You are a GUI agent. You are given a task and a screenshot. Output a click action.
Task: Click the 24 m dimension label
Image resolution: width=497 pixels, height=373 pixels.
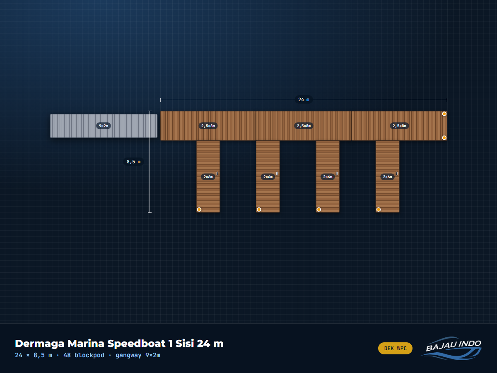(304, 99)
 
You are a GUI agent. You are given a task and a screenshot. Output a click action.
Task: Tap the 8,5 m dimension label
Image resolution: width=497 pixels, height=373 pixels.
(134, 162)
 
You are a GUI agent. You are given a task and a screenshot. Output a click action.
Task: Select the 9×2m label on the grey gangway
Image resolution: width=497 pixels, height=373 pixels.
(104, 126)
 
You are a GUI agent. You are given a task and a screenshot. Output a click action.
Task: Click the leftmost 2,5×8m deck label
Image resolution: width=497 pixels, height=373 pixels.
(208, 126)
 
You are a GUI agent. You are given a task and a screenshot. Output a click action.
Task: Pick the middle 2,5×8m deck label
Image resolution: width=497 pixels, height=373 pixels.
(304, 126)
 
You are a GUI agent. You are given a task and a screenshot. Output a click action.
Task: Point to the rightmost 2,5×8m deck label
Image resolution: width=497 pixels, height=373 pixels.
(399, 126)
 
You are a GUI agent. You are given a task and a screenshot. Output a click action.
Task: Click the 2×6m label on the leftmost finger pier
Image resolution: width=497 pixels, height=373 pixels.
(208, 177)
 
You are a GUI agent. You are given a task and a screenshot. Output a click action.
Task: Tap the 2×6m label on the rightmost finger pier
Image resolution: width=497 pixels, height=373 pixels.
(387, 177)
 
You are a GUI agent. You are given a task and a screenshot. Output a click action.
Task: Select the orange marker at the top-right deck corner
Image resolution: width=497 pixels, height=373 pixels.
(444, 114)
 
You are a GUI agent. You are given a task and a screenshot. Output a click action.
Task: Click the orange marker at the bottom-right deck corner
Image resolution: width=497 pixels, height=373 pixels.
(444, 138)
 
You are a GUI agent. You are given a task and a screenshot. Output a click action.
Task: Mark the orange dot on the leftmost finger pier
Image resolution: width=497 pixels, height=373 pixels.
(199, 209)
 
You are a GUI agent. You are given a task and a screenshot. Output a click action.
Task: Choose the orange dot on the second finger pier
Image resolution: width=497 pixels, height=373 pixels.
(259, 209)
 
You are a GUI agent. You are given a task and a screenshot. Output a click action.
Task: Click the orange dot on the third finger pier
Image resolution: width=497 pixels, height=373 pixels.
(318, 209)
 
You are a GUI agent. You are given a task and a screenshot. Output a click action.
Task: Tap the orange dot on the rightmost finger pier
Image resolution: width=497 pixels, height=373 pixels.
(379, 209)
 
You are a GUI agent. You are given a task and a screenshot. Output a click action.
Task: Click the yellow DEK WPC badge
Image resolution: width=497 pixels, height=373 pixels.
(395, 348)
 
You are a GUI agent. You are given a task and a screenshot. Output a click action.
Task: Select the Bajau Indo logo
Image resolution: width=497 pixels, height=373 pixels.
(452, 348)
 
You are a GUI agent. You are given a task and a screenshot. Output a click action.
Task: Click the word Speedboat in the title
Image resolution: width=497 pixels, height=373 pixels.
(136, 344)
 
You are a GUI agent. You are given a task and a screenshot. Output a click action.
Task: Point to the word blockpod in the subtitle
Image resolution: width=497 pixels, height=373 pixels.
(89, 355)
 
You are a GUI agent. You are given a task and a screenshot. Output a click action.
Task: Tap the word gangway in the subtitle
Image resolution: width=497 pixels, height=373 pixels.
(128, 355)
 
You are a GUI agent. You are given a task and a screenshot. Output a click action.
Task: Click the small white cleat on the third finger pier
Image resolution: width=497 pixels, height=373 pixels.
(337, 174)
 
